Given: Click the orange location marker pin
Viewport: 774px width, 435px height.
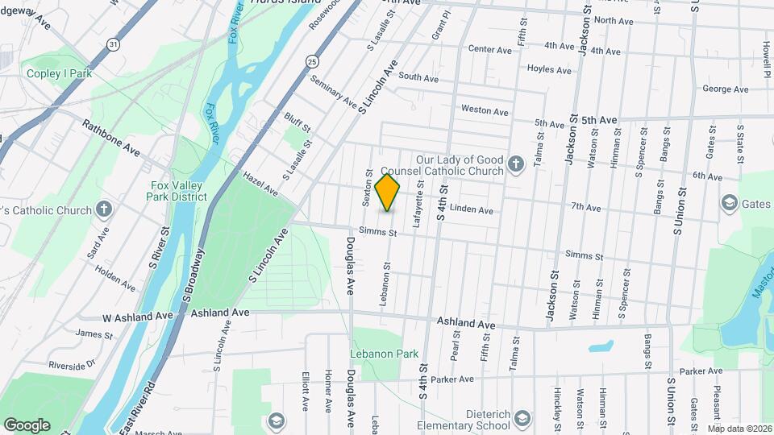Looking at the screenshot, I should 388,191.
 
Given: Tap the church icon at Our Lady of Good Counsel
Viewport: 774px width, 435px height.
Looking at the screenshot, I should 518,166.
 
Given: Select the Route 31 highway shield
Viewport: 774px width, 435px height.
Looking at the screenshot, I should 115,45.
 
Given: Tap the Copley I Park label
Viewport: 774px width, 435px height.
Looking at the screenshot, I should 58,74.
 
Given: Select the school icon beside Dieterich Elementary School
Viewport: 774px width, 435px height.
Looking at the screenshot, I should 522,418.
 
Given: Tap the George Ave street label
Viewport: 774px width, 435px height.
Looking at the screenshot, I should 719,89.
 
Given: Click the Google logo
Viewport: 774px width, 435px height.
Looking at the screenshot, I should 27,425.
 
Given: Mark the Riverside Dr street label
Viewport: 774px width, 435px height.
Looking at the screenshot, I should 72,364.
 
